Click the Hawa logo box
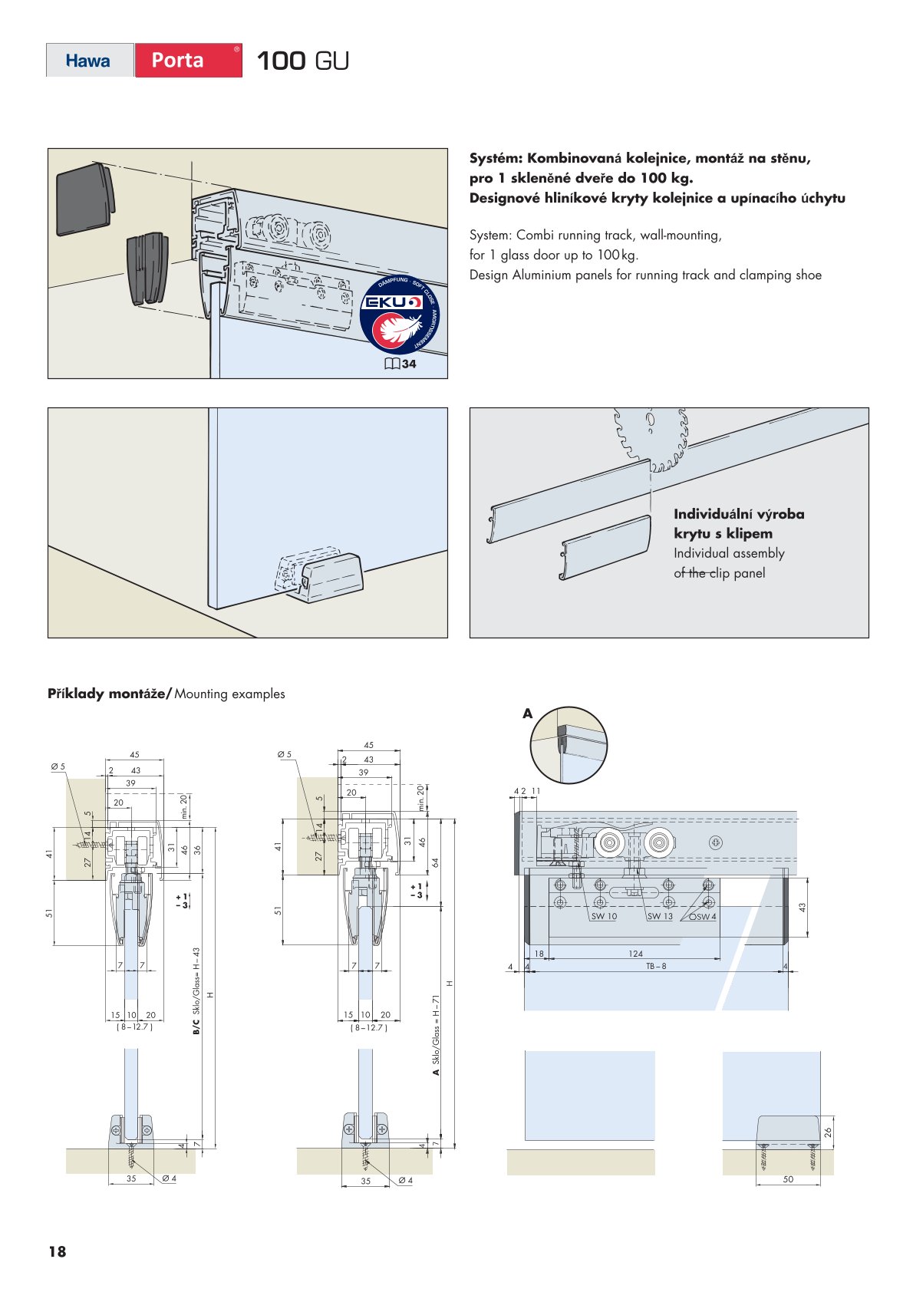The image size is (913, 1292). [89, 61]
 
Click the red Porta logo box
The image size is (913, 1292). [188, 61]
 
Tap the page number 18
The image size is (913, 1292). [57, 1252]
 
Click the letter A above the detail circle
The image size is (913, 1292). [527, 714]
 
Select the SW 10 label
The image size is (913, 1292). [604, 916]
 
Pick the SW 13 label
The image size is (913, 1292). [660, 916]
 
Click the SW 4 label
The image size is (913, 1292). [704, 916]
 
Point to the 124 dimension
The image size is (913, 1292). [635, 954]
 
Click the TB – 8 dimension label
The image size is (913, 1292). [656, 966]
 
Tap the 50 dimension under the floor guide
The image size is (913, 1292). [788, 1179]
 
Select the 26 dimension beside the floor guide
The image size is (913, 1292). [828, 1132]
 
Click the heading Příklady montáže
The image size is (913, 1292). [109, 694]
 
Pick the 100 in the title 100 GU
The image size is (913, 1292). [281, 61]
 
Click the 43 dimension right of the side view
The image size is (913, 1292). [803, 907]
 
